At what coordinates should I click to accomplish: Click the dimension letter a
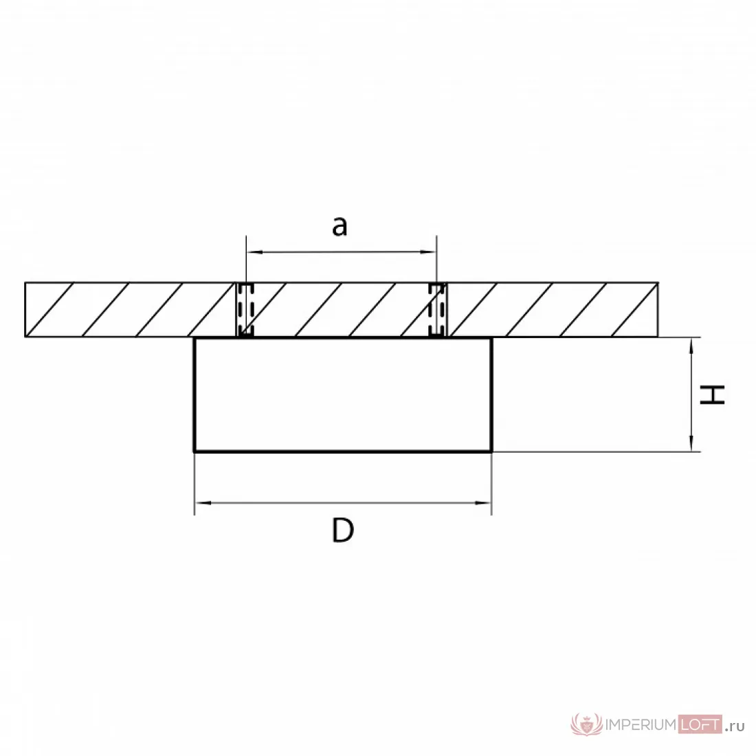pyautogui.click(x=340, y=226)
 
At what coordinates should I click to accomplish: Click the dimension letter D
pyautogui.click(x=343, y=530)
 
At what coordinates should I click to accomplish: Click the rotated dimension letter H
pyautogui.click(x=712, y=394)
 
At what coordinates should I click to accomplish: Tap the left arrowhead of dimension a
pyautogui.click(x=254, y=252)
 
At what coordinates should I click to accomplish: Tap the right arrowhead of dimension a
pyautogui.click(x=429, y=252)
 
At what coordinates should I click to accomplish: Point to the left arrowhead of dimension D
pyautogui.click(x=203, y=503)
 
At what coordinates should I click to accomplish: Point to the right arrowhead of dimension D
pyautogui.click(x=483, y=503)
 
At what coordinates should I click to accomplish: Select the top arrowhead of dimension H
pyautogui.click(x=691, y=346)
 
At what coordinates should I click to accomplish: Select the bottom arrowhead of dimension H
pyautogui.click(x=691, y=443)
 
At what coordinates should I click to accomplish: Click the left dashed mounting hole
pyautogui.click(x=245, y=309)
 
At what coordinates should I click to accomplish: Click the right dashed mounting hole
pyautogui.click(x=438, y=309)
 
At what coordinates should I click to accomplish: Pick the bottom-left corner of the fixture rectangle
pyautogui.click(x=194, y=452)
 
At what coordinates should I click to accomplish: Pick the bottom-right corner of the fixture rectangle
pyautogui.click(x=491, y=452)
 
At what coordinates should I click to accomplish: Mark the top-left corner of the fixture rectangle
pyautogui.click(x=194, y=338)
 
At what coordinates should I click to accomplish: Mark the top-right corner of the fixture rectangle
pyautogui.click(x=491, y=338)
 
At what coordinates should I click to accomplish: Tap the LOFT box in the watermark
pyautogui.click(x=700, y=724)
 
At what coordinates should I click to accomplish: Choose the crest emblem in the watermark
pyautogui.click(x=587, y=724)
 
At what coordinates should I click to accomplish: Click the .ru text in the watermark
pyautogui.click(x=735, y=726)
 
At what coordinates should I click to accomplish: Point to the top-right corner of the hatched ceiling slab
pyautogui.click(x=658, y=283)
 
